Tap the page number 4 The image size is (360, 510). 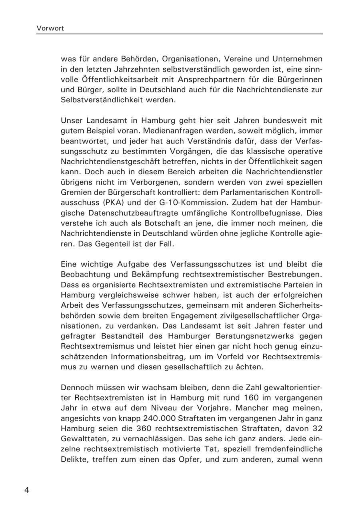[27, 490]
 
